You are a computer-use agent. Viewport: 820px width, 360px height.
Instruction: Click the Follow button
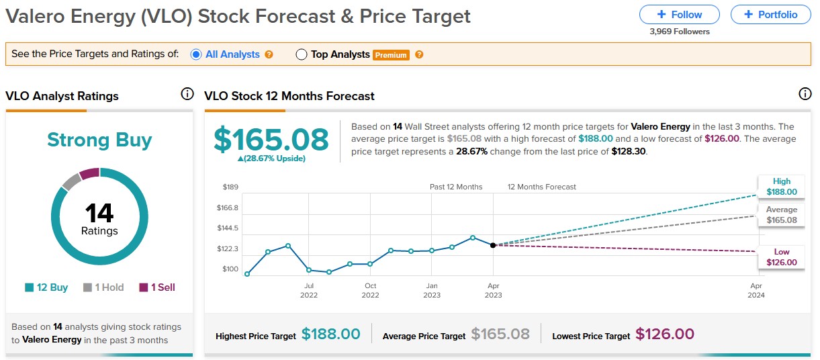(x=679, y=14)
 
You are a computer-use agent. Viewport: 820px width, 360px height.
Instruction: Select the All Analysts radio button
(x=196, y=54)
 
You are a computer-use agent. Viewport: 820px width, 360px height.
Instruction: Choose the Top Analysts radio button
(x=302, y=54)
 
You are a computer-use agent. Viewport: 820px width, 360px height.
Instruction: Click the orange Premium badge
(x=391, y=55)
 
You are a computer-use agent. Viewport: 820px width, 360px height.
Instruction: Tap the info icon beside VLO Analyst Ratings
(x=187, y=95)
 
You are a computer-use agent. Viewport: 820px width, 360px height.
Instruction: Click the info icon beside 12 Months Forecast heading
(x=805, y=95)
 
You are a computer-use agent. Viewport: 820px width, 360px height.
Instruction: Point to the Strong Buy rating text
(x=99, y=140)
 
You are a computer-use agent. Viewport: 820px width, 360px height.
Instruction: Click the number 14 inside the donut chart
(x=99, y=214)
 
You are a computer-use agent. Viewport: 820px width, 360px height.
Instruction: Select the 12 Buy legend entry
(x=46, y=287)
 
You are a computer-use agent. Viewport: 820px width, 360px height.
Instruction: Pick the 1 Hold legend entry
(x=103, y=287)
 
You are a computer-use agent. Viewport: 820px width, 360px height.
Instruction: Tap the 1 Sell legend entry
(x=157, y=287)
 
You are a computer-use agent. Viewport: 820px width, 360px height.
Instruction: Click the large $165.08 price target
(x=271, y=139)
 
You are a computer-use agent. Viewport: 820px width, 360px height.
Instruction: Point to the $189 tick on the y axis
(x=230, y=187)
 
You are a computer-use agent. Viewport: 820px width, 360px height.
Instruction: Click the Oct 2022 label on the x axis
(x=370, y=290)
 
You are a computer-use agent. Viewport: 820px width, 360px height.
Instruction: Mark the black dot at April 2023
(x=493, y=245)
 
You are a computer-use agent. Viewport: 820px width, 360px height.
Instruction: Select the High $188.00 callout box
(x=781, y=187)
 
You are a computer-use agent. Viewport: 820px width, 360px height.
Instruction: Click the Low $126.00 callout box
(x=781, y=257)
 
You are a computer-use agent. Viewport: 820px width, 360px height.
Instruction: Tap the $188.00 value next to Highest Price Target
(x=330, y=334)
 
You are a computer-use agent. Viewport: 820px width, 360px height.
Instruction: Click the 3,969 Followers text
(x=679, y=32)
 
